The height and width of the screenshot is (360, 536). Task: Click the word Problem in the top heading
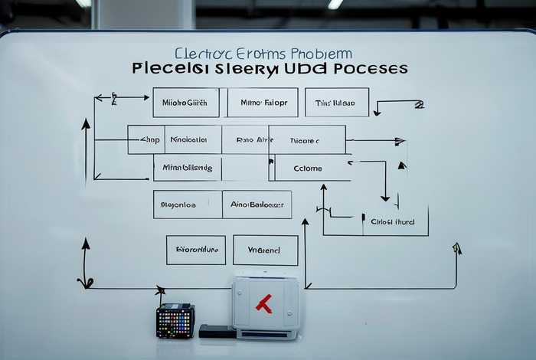coord(322,54)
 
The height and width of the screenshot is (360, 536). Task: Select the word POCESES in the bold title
coord(367,69)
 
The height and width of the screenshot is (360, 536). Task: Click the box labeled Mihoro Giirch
coord(185,103)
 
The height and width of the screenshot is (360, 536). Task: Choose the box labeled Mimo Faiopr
coord(263,103)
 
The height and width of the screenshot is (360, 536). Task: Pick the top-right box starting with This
coord(336,103)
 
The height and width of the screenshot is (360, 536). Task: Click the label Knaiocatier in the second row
coord(188,140)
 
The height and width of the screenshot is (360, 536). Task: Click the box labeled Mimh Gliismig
coord(187,169)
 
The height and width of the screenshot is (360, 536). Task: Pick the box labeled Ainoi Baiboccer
coord(257,205)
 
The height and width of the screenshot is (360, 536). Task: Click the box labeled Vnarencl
coord(265,250)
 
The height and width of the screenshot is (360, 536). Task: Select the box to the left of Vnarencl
coord(195,250)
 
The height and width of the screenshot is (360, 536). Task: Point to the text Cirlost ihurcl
coord(392,221)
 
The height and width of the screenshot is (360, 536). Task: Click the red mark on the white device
coord(263,304)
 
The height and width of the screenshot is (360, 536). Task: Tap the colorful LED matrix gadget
coord(175,321)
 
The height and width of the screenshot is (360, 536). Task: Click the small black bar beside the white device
coord(217,331)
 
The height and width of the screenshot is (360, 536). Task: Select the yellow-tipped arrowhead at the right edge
coord(457,248)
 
